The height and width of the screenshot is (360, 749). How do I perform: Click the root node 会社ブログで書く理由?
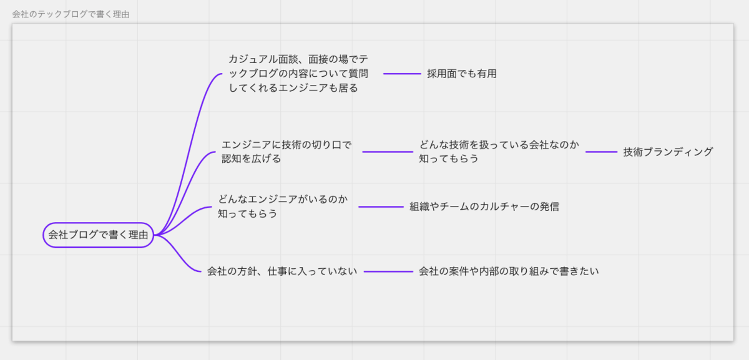click(x=98, y=235)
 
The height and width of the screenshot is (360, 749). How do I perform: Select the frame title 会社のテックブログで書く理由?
click(x=71, y=14)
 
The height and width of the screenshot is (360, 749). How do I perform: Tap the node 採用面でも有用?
click(x=461, y=74)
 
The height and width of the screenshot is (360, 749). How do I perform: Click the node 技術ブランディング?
click(x=667, y=152)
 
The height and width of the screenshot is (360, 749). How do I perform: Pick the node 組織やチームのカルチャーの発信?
click(x=484, y=207)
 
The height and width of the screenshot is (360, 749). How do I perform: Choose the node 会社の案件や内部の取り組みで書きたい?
click(x=508, y=271)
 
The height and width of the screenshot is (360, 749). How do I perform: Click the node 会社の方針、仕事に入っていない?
click(x=282, y=271)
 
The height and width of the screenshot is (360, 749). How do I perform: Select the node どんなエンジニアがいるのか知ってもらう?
click(x=282, y=207)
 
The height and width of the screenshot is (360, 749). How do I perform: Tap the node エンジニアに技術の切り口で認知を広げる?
click(x=286, y=152)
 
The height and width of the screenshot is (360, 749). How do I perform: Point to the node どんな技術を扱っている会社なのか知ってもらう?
click(x=499, y=152)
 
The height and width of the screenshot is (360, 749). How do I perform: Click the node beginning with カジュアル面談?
click(x=298, y=74)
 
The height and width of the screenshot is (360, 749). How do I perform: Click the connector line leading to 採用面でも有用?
click(x=402, y=74)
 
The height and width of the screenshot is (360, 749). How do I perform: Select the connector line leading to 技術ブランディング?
click(x=601, y=152)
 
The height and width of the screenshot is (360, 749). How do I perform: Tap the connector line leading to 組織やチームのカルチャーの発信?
click(x=381, y=207)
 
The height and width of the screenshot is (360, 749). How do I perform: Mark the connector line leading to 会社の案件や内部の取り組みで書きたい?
click(x=388, y=271)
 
